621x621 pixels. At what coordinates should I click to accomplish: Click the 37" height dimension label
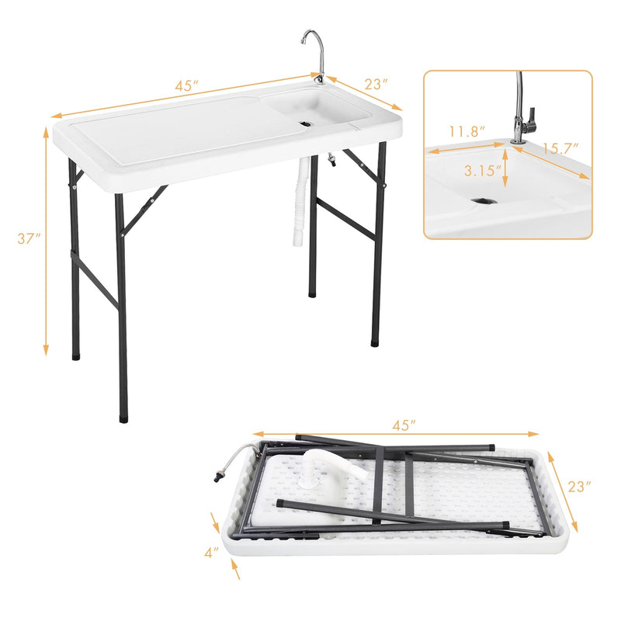[x=29, y=239]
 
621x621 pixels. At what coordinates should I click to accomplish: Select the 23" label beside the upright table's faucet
[x=375, y=82]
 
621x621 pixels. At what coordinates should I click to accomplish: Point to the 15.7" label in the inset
[x=561, y=148]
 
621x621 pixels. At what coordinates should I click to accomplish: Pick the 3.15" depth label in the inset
[x=481, y=168]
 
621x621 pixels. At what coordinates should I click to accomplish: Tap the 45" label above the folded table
[x=404, y=425]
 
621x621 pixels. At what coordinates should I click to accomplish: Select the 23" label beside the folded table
[x=578, y=487]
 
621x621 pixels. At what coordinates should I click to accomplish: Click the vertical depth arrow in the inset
[x=506, y=169]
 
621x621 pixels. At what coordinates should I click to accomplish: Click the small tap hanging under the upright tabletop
[x=331, y=164]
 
